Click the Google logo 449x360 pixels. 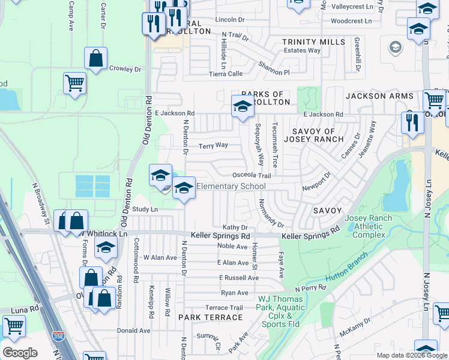(20, 353)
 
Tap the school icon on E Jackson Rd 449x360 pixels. (242, 107)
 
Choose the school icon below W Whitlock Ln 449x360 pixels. (106, 248)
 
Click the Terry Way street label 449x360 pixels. (213, 145)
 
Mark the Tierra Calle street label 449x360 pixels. (225, 73)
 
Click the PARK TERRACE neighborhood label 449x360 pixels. (210, 317)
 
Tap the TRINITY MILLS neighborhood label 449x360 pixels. (314, 42)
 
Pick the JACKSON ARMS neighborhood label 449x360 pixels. (379, 96)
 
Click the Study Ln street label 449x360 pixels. (145, 209)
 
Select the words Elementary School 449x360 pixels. (231, 187)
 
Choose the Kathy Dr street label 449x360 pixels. (235, 227)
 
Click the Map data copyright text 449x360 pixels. (411, 355)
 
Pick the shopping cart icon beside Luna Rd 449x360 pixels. (14, 327)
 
